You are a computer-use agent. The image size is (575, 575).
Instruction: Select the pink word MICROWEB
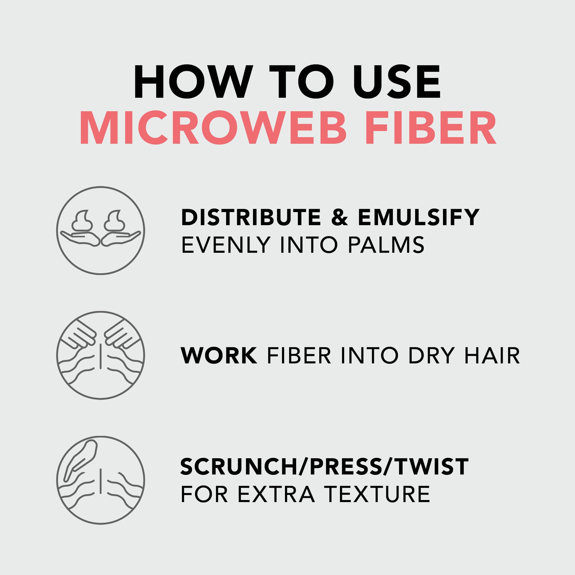(213, 128)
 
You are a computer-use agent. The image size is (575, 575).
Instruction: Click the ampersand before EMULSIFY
(339, 217)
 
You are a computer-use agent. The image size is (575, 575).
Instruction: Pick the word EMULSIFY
(418, 217)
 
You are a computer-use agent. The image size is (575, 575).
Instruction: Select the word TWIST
(432, 467)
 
